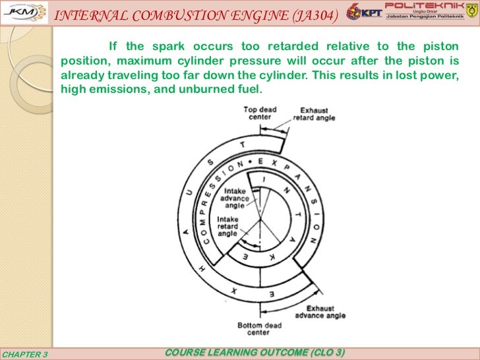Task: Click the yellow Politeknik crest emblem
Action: [x=465, y=13]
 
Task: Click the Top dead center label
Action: [x=259, y=113]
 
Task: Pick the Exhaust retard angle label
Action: [x=315, y=114]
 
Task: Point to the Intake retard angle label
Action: [x=228, y=225]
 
